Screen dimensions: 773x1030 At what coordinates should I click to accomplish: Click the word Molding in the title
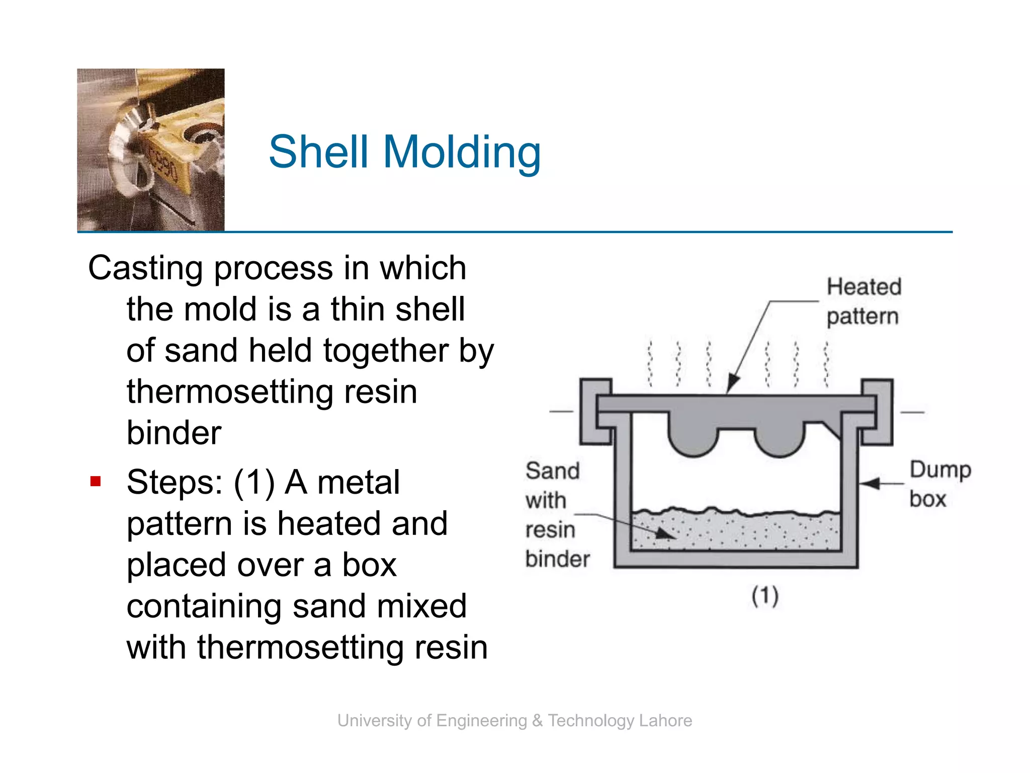[462, 152]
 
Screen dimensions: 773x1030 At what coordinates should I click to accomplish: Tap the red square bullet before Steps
[96, 482]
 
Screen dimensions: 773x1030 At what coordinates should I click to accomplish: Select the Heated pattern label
[864, 301]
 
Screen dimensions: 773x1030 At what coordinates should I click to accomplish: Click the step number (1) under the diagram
[765, 596]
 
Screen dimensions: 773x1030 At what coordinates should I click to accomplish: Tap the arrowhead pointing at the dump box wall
[869, 483]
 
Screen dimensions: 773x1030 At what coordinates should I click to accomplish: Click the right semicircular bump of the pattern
[780, 438]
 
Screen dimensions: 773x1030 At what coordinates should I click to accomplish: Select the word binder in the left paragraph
[174, 433]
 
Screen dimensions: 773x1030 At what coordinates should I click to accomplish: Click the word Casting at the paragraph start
[145, 268]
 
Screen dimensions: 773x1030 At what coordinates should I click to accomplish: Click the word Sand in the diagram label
[552, 471]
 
